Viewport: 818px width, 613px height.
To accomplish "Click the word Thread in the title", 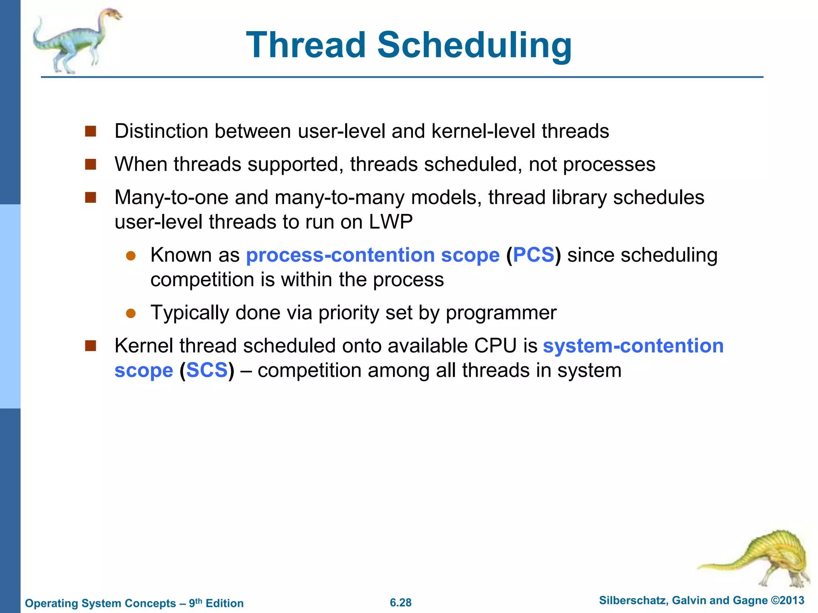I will point(306,45).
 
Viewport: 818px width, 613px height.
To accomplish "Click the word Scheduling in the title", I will point(475,45).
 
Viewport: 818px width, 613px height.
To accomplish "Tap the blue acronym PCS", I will point(534,255).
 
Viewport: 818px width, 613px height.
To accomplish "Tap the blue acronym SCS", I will point(206,370).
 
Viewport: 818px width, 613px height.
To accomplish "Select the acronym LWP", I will point(391,222).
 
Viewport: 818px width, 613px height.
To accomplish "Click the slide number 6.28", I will point(401,603).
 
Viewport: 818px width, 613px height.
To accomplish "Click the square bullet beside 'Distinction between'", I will point(91,131).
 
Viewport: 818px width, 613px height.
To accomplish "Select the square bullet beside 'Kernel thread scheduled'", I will point(91,346).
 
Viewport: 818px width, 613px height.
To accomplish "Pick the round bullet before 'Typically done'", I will point(131,313).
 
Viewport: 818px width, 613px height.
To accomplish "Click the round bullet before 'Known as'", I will point(131,256).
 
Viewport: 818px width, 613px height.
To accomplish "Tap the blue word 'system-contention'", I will point(633,346).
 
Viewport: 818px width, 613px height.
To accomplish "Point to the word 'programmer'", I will point(501,313).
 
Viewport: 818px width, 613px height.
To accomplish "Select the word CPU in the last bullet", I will point(495,346).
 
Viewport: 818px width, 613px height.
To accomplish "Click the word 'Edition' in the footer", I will point(224,603).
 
